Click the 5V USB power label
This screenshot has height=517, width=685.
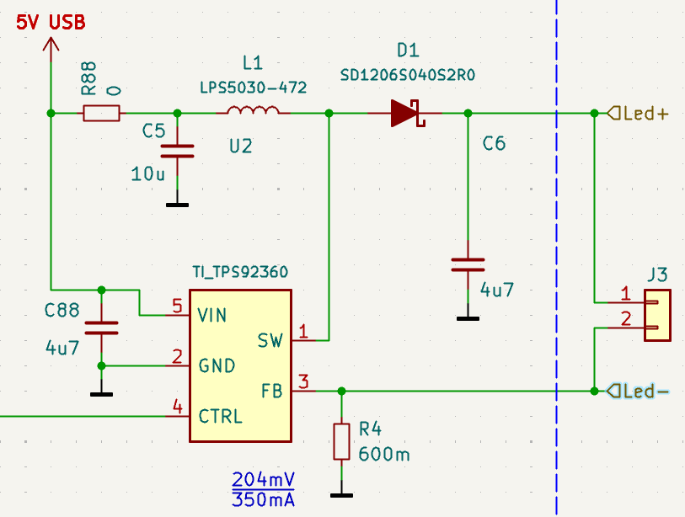pos(51,23)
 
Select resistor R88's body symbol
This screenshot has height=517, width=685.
pos(102,113)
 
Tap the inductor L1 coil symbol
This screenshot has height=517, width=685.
pos(254,112)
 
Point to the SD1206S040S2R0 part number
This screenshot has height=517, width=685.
pos(408,75)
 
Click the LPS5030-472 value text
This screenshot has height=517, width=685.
pos(253,88)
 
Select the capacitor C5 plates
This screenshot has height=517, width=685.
pos(177,151)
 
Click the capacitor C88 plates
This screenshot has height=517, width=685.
pos(102,327)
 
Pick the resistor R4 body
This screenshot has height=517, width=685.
pos(341,441)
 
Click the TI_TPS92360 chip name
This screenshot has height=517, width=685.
pos(240,272)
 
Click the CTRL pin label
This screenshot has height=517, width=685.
pos(220,416)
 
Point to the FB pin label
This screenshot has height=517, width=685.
pos(272,391)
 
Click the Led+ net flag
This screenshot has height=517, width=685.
pos(638,113)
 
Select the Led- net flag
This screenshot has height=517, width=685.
pos(638,391)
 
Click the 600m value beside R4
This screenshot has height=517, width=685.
pos(384,455)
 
